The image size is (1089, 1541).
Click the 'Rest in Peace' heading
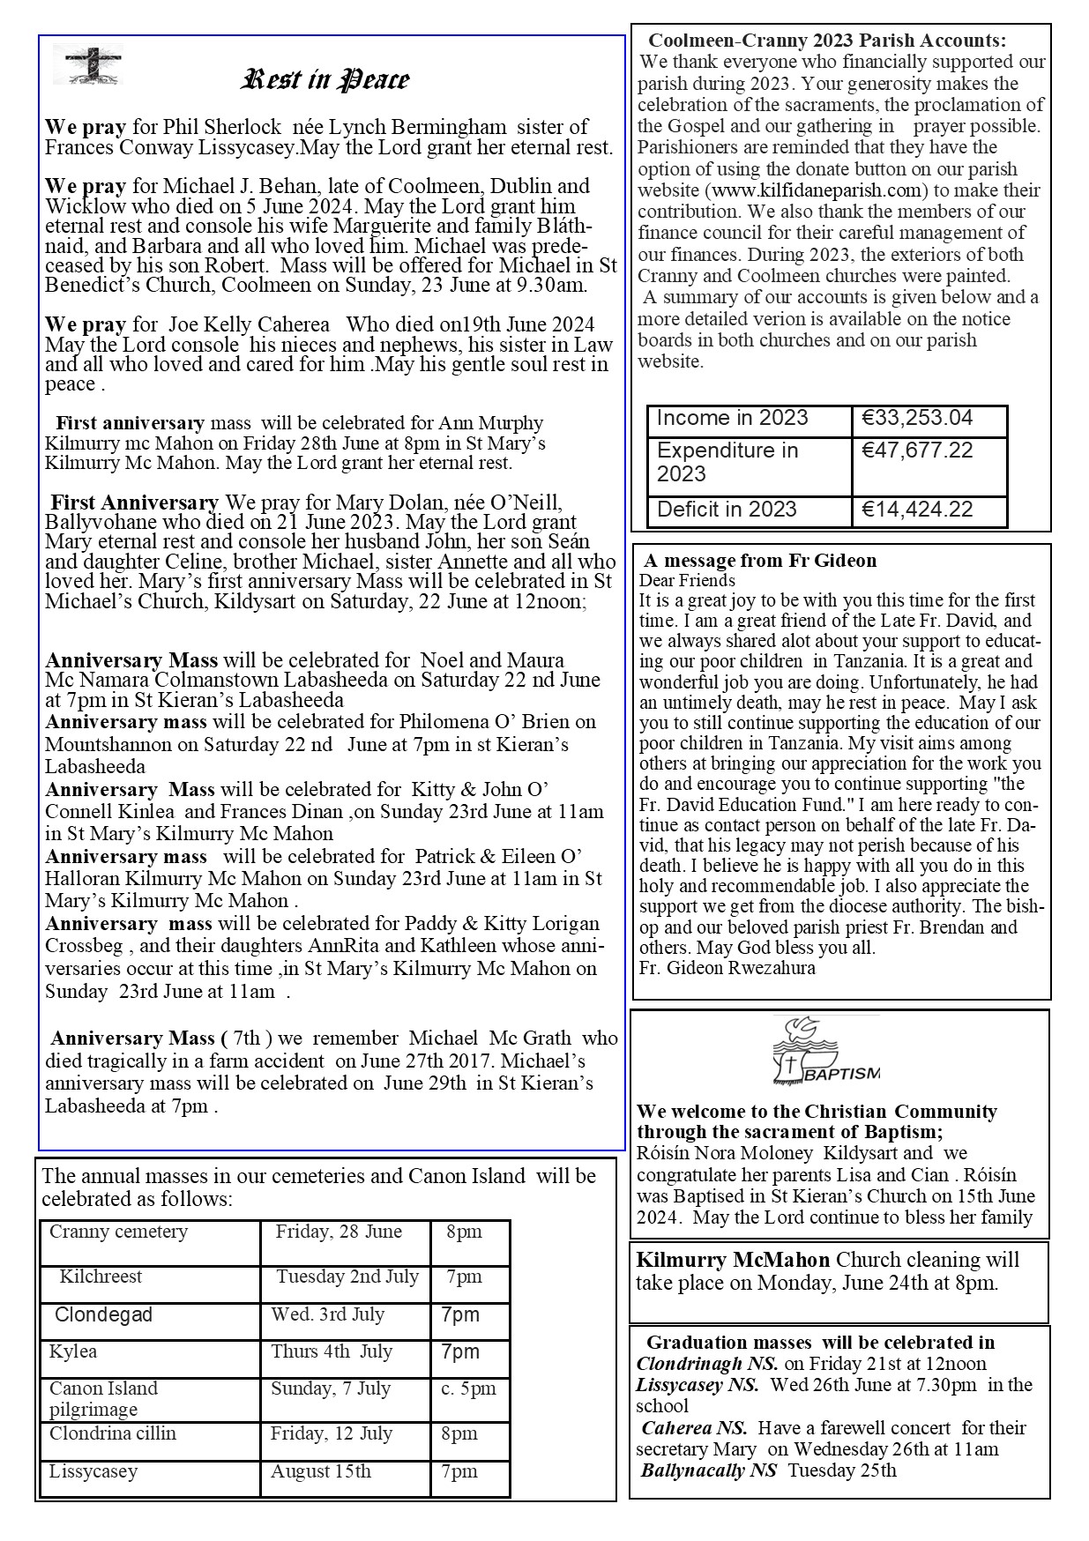click(x=324, y=80)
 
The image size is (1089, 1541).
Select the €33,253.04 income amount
click(x=917, y=418)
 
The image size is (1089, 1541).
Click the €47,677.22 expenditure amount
click(x=917, y=450)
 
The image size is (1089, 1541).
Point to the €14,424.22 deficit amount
click(x=917, y=510)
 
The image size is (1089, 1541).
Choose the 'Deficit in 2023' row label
click(x=727, y=510)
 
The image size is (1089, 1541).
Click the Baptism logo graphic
click(x=826, y=1052)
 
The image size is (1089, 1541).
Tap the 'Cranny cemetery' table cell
click(x=118, y=1232)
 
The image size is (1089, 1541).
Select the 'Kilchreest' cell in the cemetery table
click(x=101, y=1277)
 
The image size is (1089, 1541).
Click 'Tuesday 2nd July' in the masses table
click(x=347, y=1277)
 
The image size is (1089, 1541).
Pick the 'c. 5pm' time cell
click(x=468, y=1388)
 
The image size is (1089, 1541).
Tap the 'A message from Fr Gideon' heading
click(x=760, y=561)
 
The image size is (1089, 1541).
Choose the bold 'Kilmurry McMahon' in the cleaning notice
click(x=734, y=1261)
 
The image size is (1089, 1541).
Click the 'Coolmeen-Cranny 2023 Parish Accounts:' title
click(x=827, y=41)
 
